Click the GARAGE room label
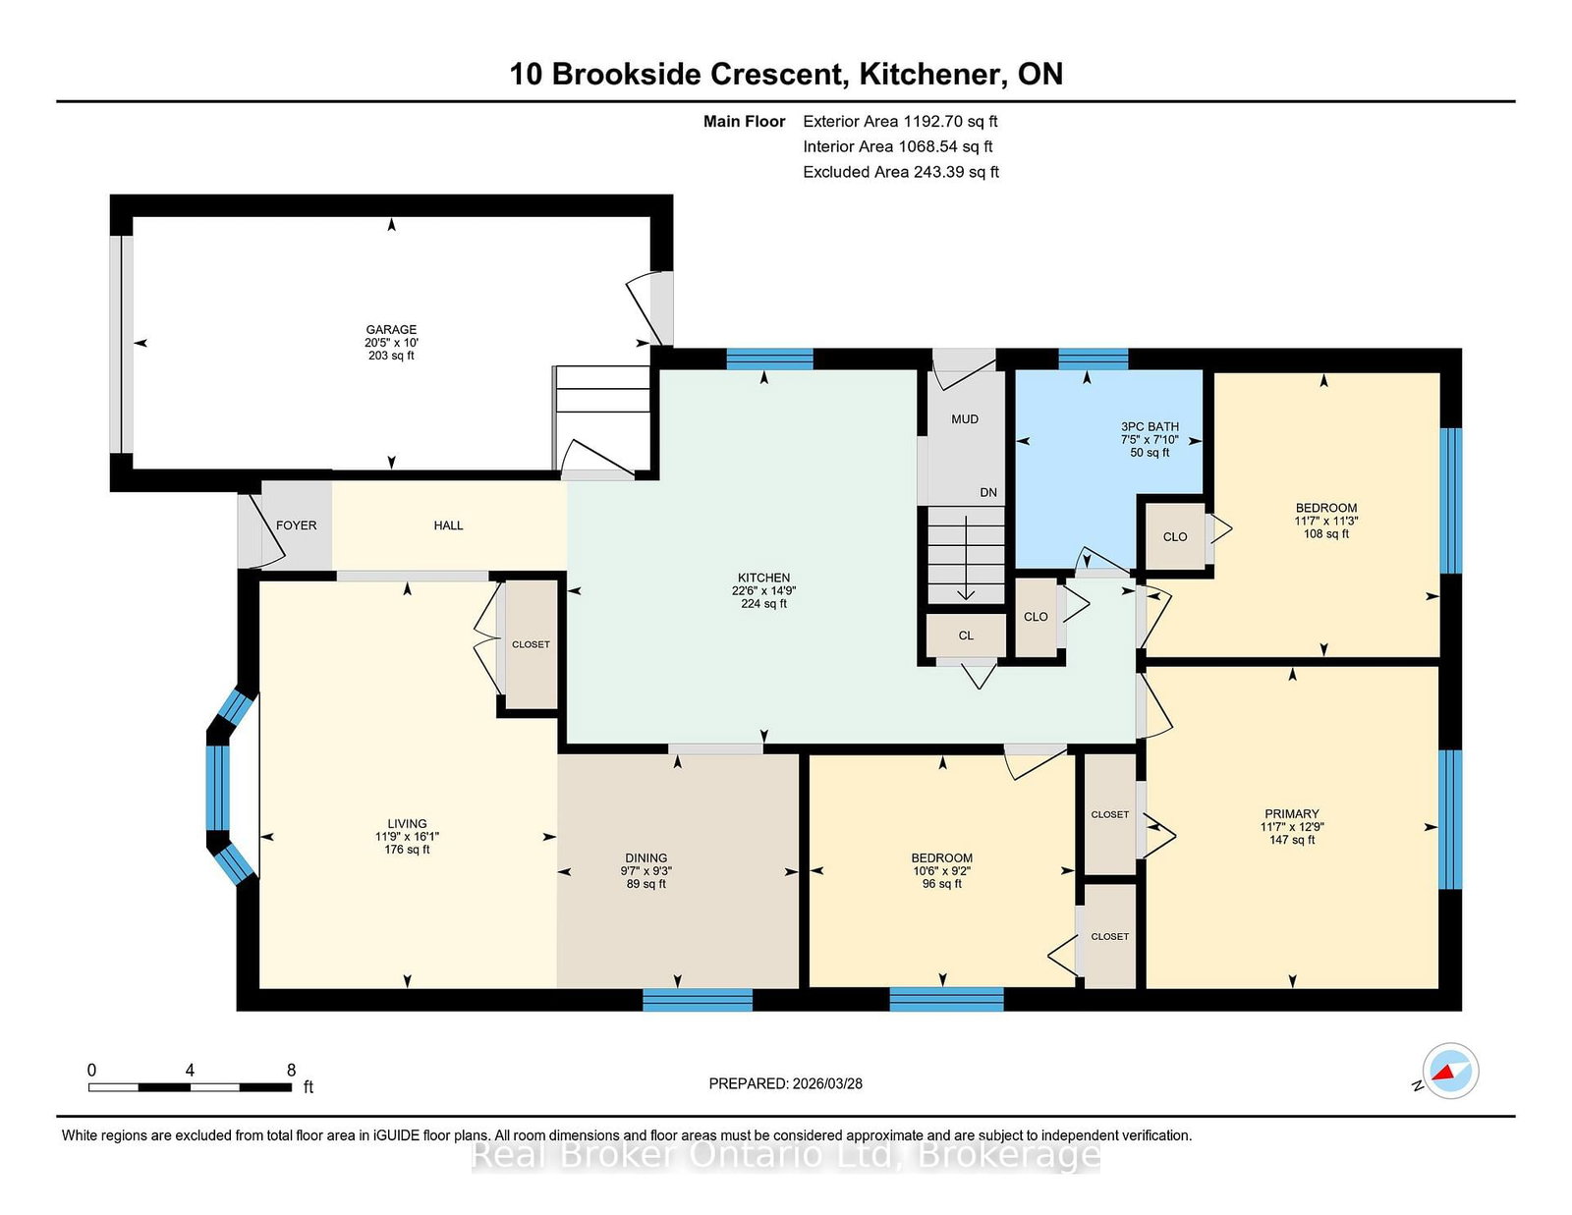pos(391,329)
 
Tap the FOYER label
pos(296,525)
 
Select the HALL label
pos(448,525)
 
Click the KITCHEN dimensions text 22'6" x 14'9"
pos(763,590)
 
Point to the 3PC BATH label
pos(1150,426)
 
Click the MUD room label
pos(965,418)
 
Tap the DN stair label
pos(988,492)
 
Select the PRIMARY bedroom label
pos(1291,813)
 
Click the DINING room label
pos(646,857)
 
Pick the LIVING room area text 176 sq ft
pos(407,849)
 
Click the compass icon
pos(1450,1071)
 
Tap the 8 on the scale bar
pos(291,1070)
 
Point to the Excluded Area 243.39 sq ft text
pos(901,172)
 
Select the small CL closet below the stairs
pos(965,635)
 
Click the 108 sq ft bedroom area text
pos(1325,533)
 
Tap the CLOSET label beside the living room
pos(531,643)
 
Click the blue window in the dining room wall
pos(698,999)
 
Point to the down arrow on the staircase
pos(966,558)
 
